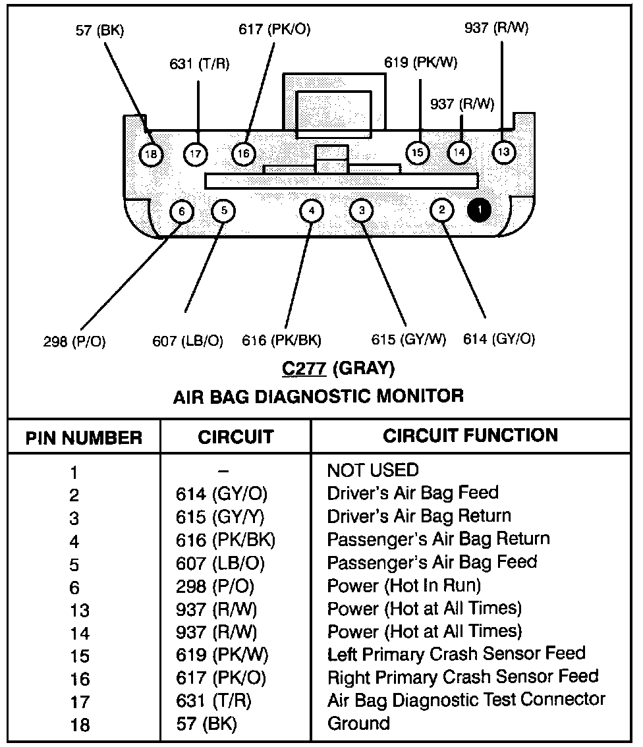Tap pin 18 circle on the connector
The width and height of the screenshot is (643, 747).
[152, 154]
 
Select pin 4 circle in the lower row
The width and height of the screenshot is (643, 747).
[312, 211]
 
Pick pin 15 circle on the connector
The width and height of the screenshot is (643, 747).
[417, 153]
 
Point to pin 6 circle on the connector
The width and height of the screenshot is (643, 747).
[182, 211]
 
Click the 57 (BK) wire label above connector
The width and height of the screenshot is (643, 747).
[99, 30]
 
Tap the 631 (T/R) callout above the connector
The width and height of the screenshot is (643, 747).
[200, 64]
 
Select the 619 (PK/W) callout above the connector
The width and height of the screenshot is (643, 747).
[421, 63]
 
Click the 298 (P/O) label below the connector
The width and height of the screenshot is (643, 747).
[74, 341]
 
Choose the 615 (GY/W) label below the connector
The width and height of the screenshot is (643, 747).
[408, 339]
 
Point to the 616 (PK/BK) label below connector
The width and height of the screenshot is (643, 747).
[281, 340]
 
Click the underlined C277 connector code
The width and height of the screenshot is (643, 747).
[304, 369]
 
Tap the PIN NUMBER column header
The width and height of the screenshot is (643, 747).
[84, 438]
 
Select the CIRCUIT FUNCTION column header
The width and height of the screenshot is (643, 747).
[470, 435]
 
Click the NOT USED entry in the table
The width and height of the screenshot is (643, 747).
[373, 470]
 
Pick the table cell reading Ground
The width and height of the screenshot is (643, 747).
[358, 723]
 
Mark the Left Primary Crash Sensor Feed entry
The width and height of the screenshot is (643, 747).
[456, 653]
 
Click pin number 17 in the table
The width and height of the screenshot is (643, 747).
[80, 702]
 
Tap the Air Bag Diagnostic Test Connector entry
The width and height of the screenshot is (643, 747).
[466, 700]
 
